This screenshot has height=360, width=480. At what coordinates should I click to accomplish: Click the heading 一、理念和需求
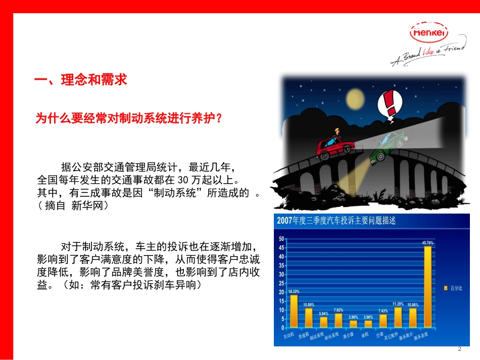[x=80, y=80]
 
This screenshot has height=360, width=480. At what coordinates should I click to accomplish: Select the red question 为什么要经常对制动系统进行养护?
[x=128, y=119]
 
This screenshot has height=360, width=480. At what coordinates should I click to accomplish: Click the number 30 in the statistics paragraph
[x=183, y=180]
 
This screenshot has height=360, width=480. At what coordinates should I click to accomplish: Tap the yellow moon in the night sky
[x=356, y=98]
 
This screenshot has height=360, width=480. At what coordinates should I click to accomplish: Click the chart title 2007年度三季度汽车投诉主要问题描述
[x=336, y=221]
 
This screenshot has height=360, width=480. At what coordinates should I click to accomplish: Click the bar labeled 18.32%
[x=294, y=310]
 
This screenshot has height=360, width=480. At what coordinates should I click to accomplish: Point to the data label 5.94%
[x=323, y=314]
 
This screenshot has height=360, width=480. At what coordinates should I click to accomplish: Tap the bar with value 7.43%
[x=383, y=320]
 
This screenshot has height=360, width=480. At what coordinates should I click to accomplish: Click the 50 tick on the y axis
[x=281, y=238]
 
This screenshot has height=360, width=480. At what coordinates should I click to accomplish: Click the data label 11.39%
[x=398, y=304]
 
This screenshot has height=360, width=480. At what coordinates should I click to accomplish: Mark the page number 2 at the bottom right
[x=459, y=349]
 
